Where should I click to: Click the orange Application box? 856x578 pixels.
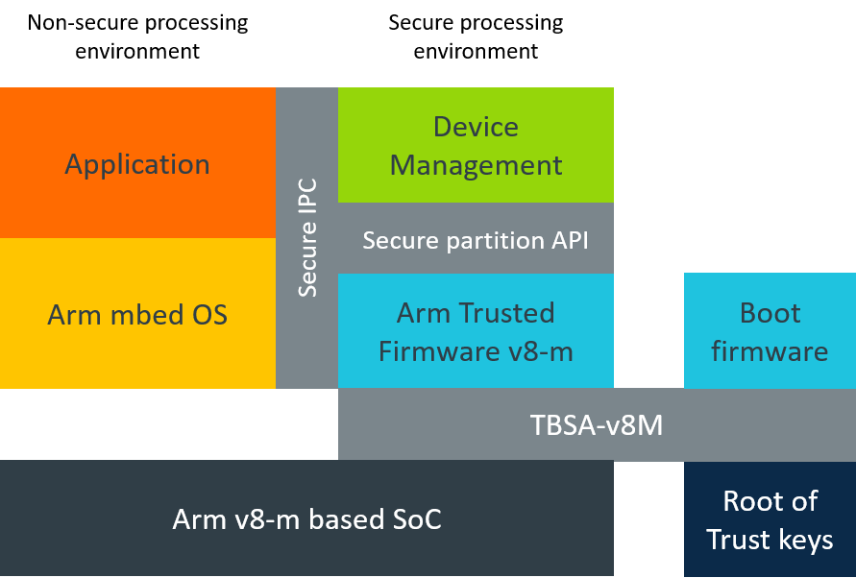pos(137,162)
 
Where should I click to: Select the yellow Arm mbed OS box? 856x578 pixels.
pos(137,313)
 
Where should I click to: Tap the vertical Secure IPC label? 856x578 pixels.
pos(307,238)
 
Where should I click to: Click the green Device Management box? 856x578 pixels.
pos(476,145)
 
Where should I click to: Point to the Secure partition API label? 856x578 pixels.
pos(476,241)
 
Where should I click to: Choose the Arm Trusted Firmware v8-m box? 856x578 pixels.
pos(476,330)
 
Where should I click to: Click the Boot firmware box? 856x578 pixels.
pos(770,330)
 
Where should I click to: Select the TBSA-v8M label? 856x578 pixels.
pos(597,424)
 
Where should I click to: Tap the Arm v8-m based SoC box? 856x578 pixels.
pos(306,518)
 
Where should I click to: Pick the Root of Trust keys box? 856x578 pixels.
pos(770,519)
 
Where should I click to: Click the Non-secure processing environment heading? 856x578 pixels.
pos(137,36)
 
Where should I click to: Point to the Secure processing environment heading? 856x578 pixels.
pos(476,36)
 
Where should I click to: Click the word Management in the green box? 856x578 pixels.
pos(476,165)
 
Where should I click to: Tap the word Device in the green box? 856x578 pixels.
pos(476,127)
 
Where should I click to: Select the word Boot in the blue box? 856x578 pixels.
pos(770,313)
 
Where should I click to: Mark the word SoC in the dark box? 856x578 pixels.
pos(417,519)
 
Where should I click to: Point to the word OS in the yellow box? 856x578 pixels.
pos(209,315)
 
